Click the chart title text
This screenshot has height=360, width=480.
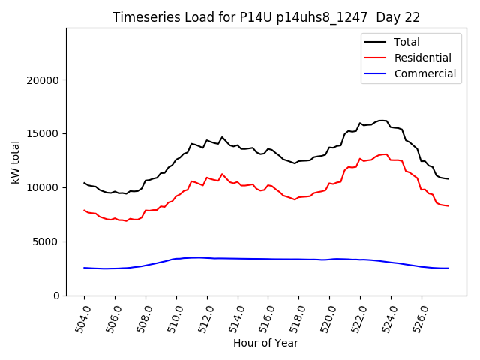265,17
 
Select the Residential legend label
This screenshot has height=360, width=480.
423,58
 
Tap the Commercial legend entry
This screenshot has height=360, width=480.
424,73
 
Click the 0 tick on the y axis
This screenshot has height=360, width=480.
56,295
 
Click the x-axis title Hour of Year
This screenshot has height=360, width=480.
265,343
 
